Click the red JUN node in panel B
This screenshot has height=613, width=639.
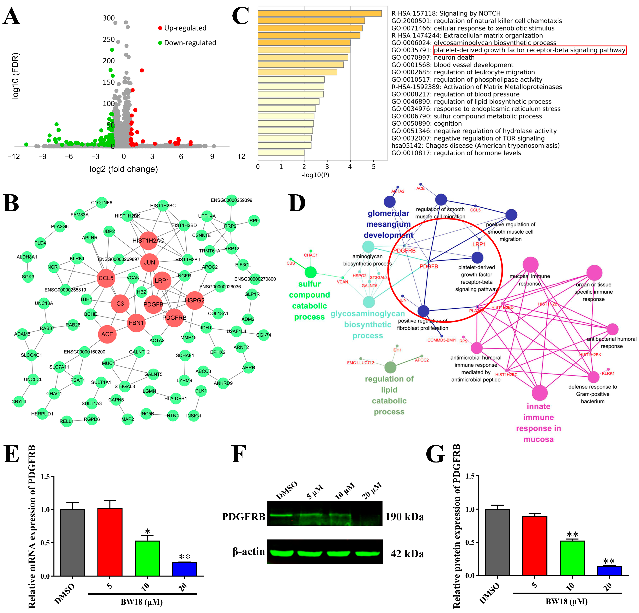pos(149,262)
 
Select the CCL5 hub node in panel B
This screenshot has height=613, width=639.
pos(106,278)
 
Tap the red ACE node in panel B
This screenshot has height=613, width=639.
pos(107,334)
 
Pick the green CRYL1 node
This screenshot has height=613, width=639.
pos(19,401)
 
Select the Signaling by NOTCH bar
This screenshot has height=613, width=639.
pos(320,13)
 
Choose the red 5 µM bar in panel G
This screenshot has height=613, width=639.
pos(535,545)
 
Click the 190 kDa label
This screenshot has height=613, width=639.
pos(404,517)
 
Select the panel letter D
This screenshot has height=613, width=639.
pos(297,203)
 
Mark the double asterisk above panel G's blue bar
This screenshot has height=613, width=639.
pos(609,561)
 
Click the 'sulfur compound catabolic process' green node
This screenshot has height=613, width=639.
pos(310,272)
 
